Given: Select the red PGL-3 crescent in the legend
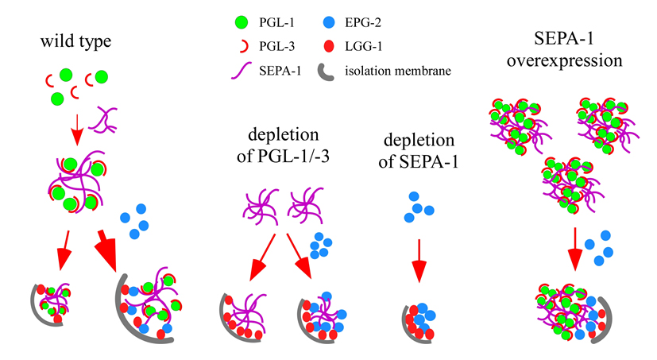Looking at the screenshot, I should tap(227, 33).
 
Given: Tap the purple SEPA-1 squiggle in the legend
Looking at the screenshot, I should tap(226, 52).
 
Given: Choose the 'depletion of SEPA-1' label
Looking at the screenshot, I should tap(420, 152).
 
